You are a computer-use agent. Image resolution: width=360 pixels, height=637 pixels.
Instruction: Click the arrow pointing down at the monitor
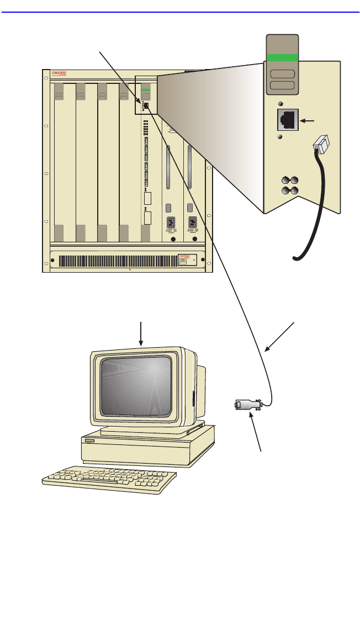(142, 333)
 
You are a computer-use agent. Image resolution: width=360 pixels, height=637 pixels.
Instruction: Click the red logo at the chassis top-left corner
(59, 73)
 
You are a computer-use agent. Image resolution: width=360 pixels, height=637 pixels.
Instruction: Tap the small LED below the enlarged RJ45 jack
(280, 136)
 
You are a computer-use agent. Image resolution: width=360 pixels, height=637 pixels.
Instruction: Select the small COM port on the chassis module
(145, 105)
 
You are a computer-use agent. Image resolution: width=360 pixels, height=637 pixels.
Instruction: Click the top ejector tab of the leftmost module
(59, 94)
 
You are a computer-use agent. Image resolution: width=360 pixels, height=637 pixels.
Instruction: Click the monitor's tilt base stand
(147, 429)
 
